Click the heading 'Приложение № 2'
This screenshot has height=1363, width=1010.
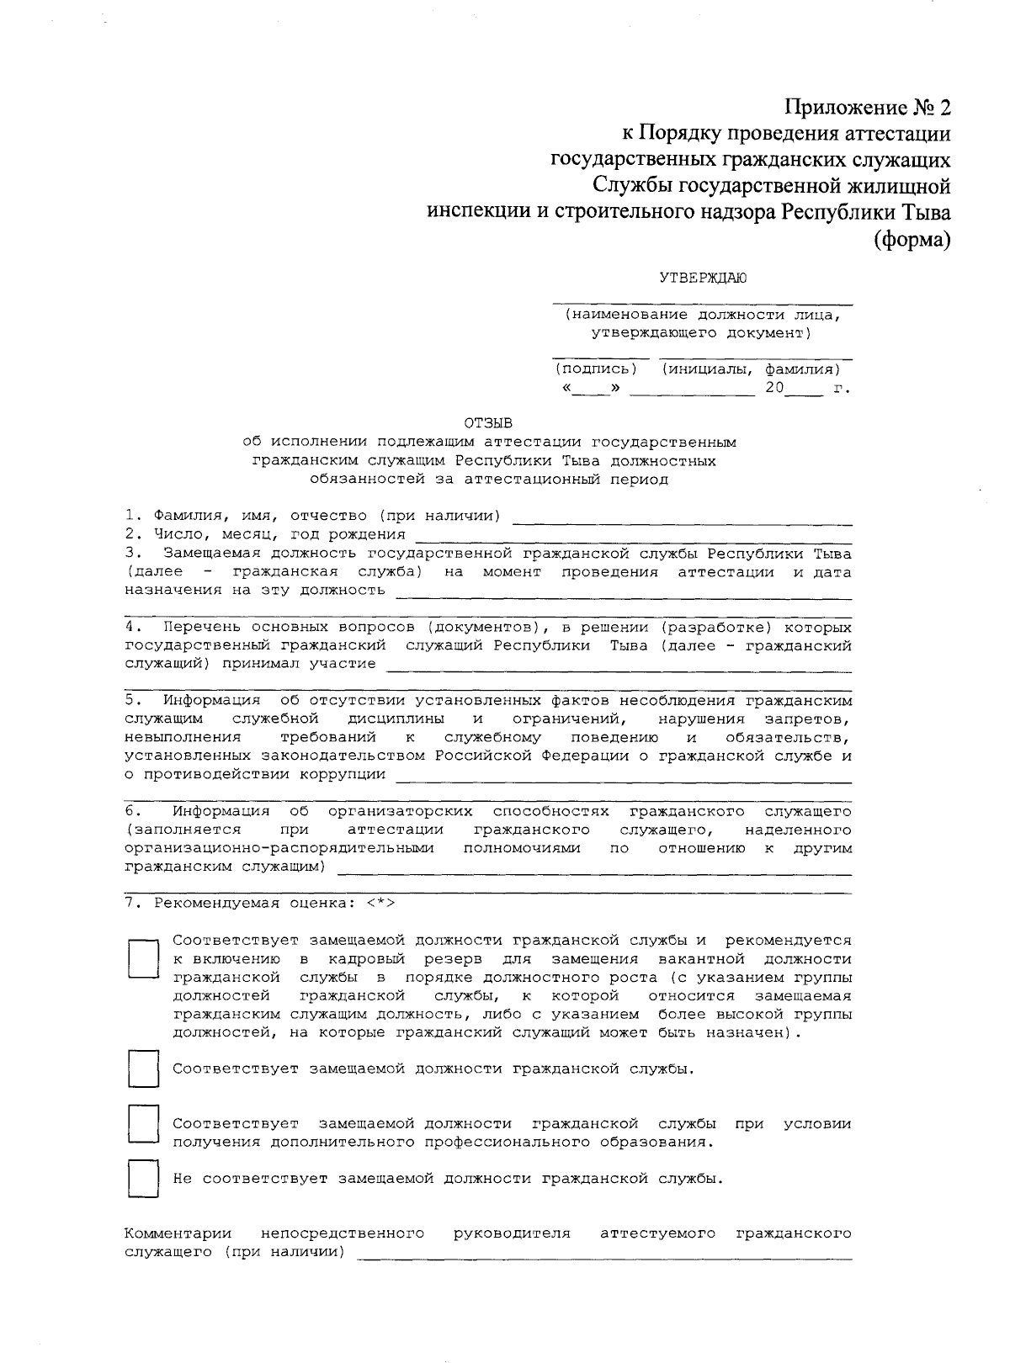coord(867,108)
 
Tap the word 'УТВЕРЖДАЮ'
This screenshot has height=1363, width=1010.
coord(702,278)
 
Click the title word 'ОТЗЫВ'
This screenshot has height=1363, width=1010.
coord(487,422)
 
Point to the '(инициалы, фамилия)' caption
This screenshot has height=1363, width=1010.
coord(751,369)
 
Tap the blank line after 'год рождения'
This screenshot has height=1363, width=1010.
coord(633,538)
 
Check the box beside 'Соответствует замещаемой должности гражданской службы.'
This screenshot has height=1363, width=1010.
coord(143,1069)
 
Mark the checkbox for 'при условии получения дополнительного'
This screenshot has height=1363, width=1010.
coord(143,1125)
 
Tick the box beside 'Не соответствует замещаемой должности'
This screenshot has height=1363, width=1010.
coord(143,1180)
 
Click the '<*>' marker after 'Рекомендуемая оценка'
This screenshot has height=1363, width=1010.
coord(380,904)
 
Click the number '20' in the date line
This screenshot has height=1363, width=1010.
coord(773,388)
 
